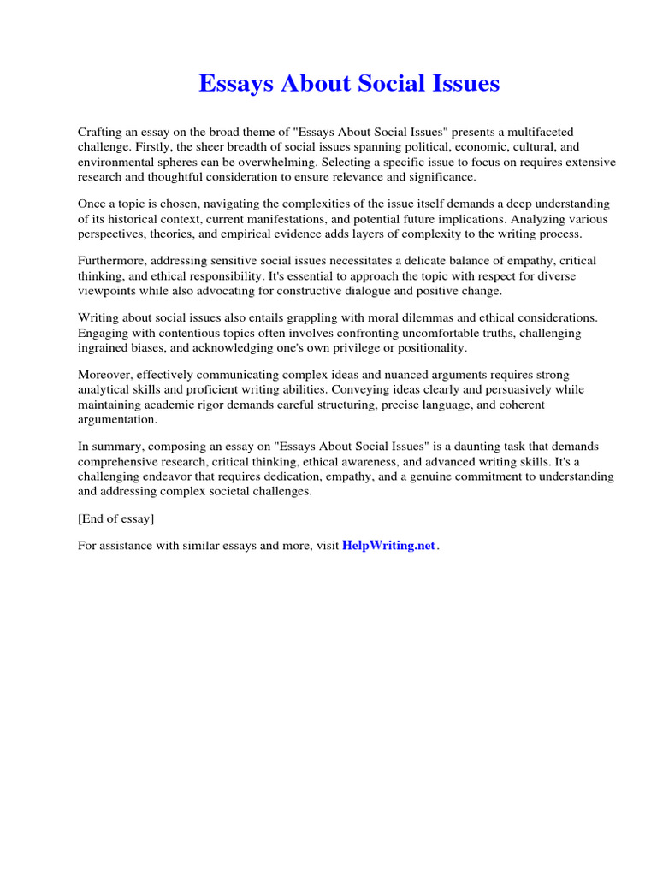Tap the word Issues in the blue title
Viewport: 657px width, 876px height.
463,84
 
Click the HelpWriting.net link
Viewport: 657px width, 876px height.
388,546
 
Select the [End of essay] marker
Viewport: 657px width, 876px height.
116,519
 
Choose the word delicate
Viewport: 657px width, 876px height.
452,260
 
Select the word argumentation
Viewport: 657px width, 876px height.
117,419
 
